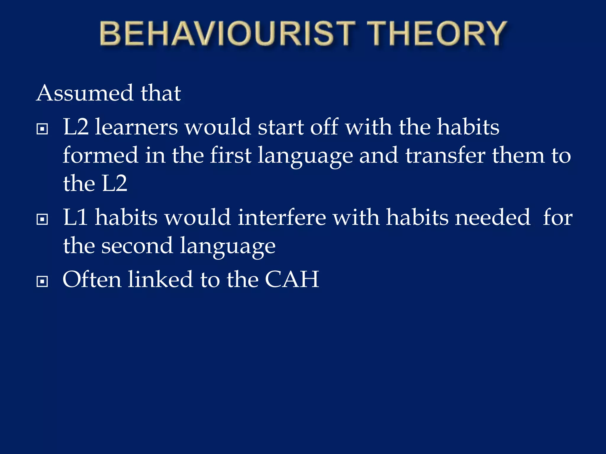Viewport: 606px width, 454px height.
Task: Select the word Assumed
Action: pos(85,93)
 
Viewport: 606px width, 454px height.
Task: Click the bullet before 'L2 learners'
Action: pos(42,129)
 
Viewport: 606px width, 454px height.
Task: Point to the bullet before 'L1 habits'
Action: pos(42,219)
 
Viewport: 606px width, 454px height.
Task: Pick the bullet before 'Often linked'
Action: pos(42,281)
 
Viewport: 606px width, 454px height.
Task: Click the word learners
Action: pos(136,127)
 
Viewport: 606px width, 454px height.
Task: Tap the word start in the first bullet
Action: pos(281,127)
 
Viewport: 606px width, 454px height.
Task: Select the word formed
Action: pos(100,155)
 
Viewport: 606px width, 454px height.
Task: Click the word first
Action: pos(231,155)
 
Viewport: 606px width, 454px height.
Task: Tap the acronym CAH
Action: pos(292,279)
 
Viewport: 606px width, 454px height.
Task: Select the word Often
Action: pos(92,279)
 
